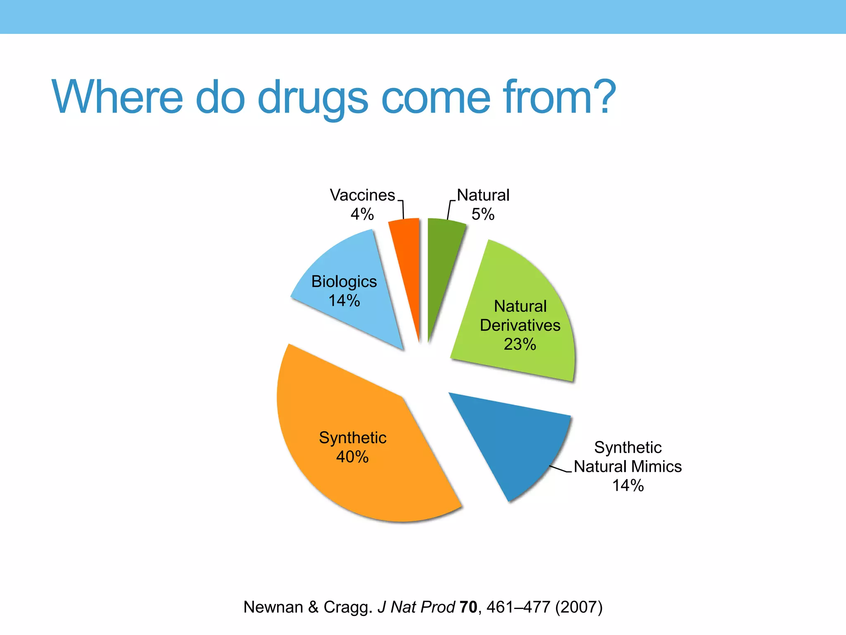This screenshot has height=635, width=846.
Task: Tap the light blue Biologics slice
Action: (x=355, y=314)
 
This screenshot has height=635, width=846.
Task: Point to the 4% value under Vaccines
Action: (x=362, y=214)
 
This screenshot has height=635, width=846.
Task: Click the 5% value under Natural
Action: (x=483, y=214)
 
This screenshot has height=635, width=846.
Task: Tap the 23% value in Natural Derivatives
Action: (x=520, y=344)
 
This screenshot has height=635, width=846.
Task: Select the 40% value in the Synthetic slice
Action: (x=352, y=457)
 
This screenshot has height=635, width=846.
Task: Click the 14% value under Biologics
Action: (x=344, y=300)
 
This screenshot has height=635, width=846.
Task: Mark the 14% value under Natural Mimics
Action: (x=628, y=485)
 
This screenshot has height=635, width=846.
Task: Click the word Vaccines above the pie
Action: (x=362, y=195)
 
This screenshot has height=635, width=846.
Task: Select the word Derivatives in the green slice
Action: (x=520, y=325)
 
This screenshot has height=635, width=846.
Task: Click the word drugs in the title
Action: (x=313, y=98)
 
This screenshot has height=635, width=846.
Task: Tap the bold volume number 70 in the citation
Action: (x=468, y=607)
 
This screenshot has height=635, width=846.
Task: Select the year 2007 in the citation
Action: (x=579, y=607)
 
